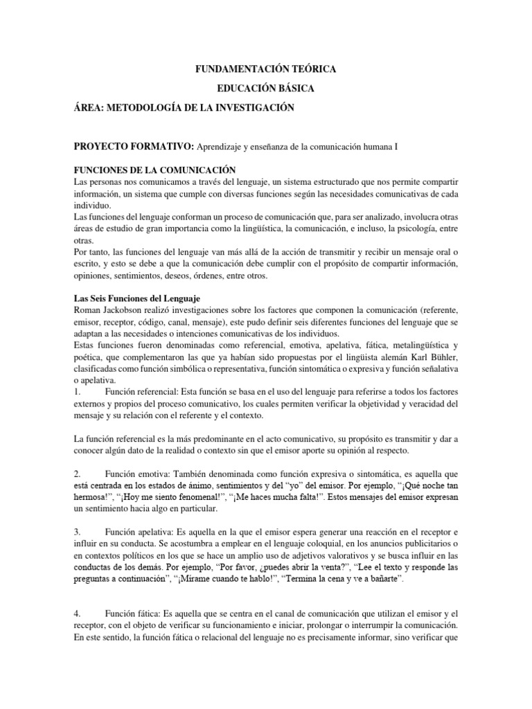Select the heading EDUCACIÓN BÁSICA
tap(266, 89)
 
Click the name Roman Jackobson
tap(107, 311)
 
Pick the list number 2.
tap(77, 474)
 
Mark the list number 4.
tap(77, 613)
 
